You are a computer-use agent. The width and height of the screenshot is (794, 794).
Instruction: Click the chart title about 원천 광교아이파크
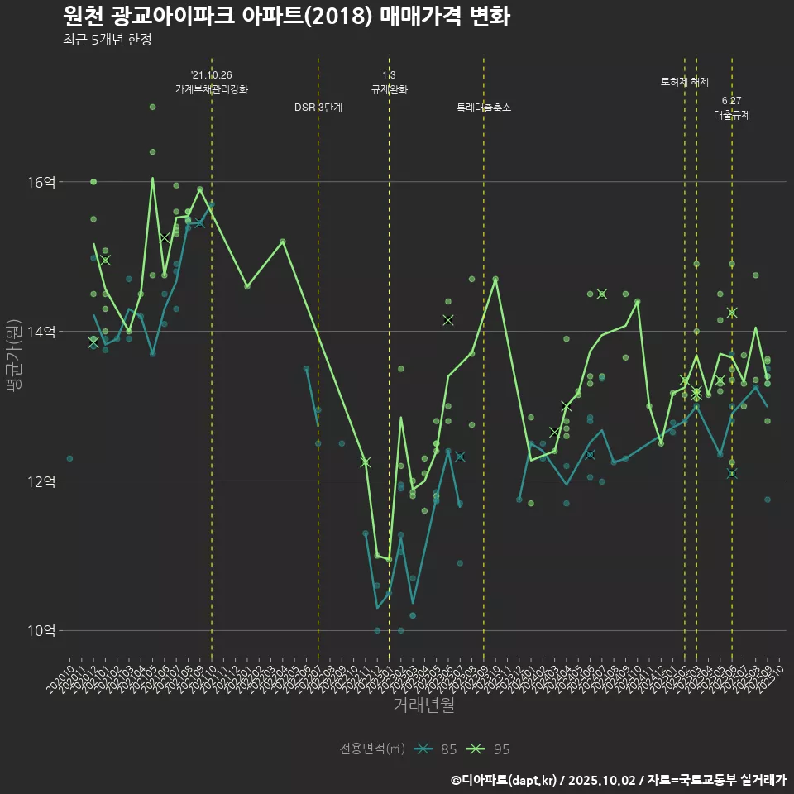coord(286,16)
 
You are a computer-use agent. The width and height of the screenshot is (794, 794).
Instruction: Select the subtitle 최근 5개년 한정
coord(107,40)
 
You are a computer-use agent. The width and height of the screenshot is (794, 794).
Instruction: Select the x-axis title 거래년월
coord(423,706)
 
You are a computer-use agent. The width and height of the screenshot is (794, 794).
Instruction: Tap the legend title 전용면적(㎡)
coord(371,749)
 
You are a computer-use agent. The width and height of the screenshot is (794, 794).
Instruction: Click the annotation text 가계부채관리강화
coord(211,89)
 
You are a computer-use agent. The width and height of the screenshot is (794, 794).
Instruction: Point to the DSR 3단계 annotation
coord(318,108)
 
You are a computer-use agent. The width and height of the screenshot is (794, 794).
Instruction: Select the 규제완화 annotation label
coord(389,89)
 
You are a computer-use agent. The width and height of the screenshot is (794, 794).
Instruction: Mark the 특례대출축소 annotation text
coord(484,108)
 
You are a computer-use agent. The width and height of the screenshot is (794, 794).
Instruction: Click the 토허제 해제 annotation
coord(685,82)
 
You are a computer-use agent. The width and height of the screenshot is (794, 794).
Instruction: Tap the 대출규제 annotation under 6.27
coord(732,115)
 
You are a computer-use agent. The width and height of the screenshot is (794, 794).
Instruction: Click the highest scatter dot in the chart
coord(153,107)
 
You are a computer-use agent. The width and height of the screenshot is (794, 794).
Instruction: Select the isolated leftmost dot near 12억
coord(70,458)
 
